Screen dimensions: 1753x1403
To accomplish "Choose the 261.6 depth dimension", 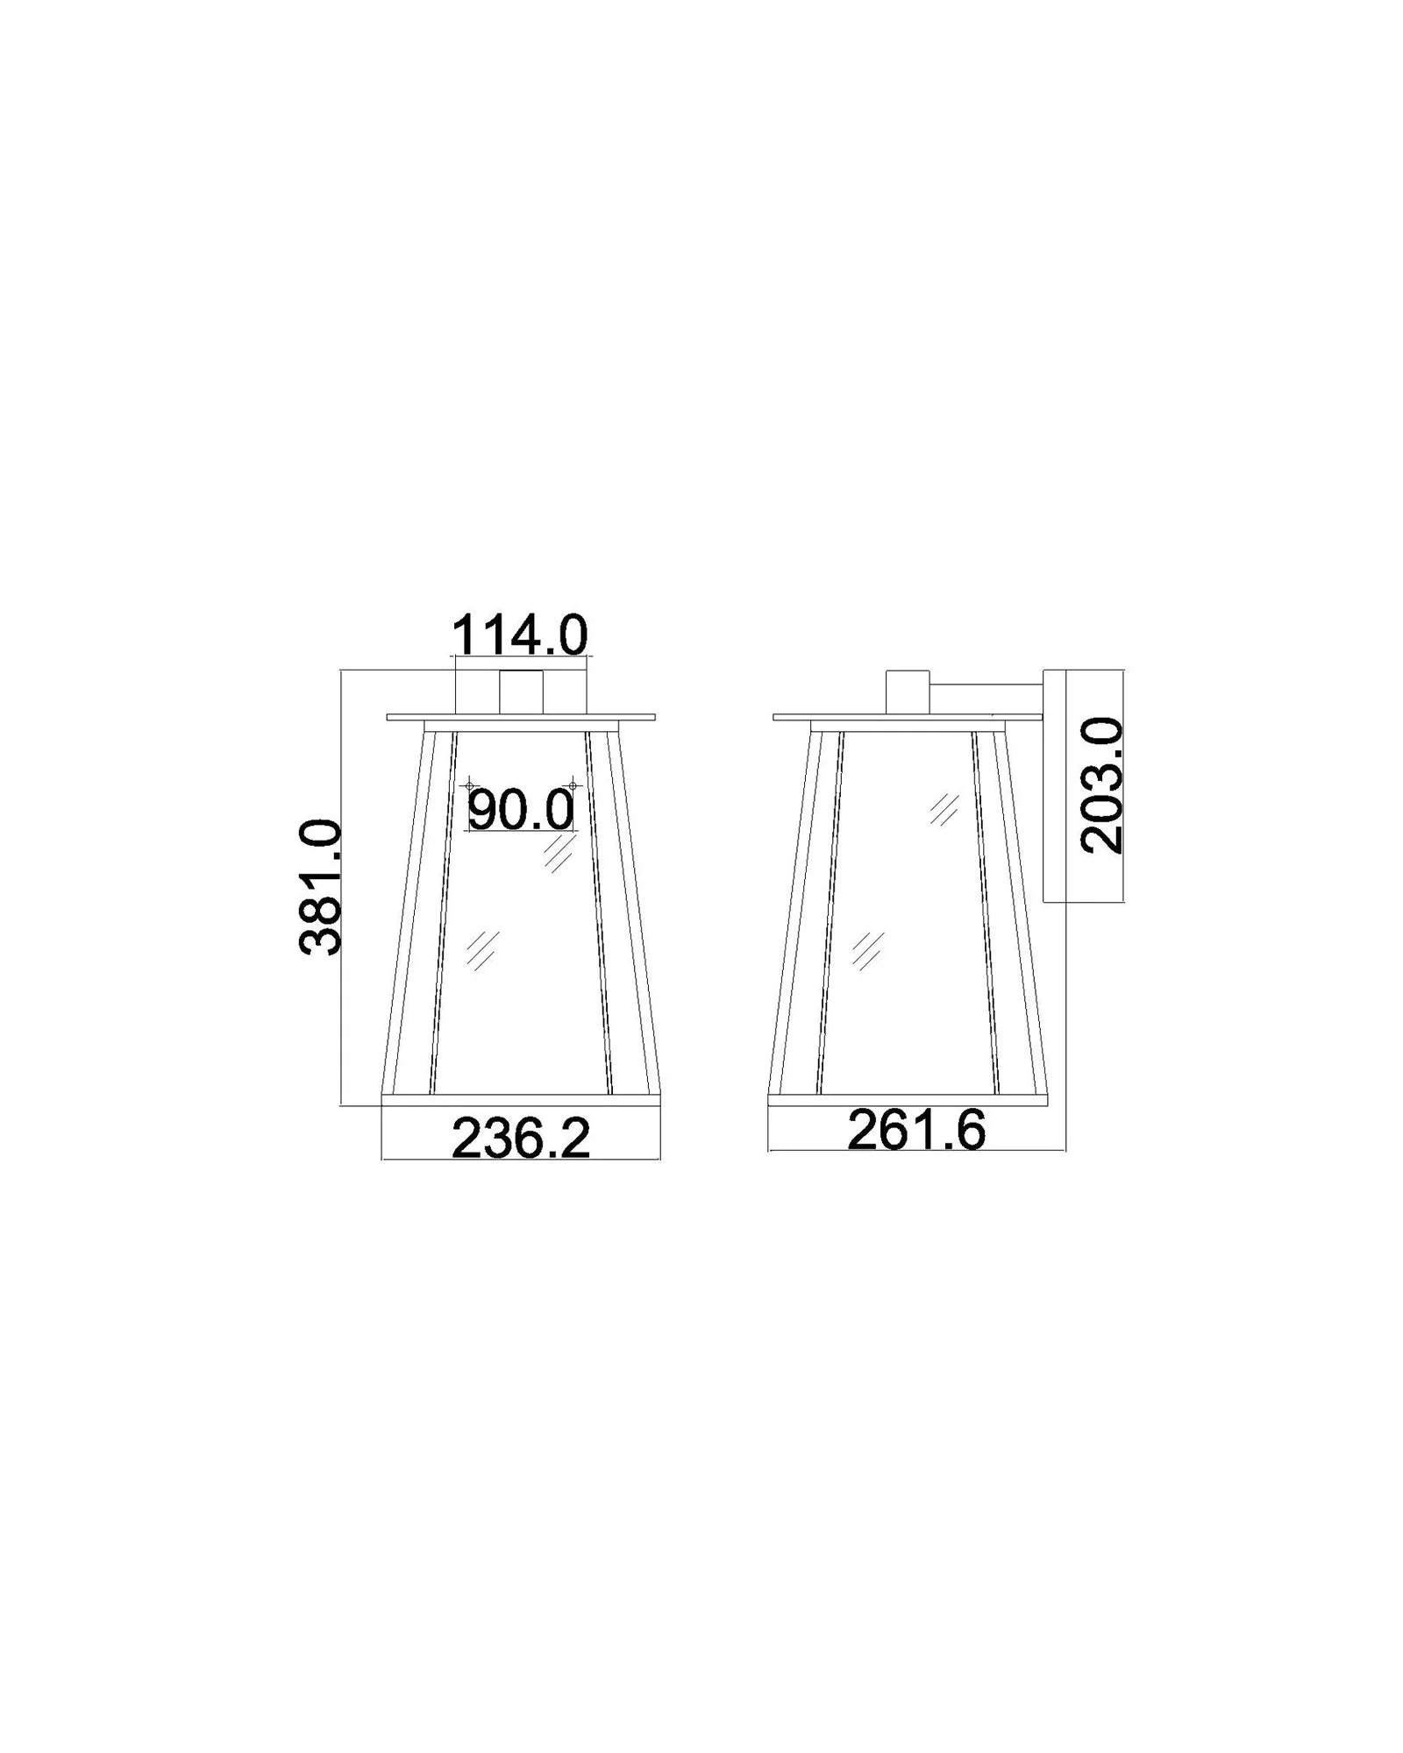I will [x=916, y=1131].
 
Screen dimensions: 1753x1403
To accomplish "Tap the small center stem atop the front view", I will [x=521, y=692].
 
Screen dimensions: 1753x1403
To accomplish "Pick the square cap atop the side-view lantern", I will [x=908, y=692].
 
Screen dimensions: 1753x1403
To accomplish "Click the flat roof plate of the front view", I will [x=521, y=717].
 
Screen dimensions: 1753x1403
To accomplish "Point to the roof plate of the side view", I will [x=908, y=717].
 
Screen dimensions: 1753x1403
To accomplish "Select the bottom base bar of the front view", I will [x=521, y=1100].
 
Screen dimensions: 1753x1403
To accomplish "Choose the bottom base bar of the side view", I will [x=908, y=1100].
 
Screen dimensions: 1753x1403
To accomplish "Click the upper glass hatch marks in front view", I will [x=558, y=853].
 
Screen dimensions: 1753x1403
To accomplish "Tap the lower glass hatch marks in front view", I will [x=481, y=949].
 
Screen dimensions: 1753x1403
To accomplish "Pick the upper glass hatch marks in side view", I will [x=944, y=809].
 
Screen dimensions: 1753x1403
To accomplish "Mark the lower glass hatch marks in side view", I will [x=867, y=949].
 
